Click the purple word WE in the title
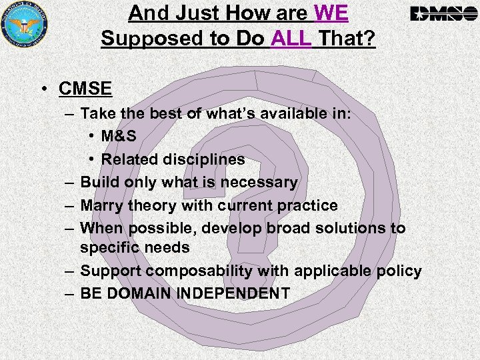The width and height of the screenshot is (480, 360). point(330,13)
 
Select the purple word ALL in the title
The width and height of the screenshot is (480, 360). point(291,39)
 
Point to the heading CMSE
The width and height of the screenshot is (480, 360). point(85,88)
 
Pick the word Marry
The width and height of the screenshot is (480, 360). point(102,205)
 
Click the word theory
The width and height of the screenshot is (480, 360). point(151,205)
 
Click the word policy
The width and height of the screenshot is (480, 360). point(400,271)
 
